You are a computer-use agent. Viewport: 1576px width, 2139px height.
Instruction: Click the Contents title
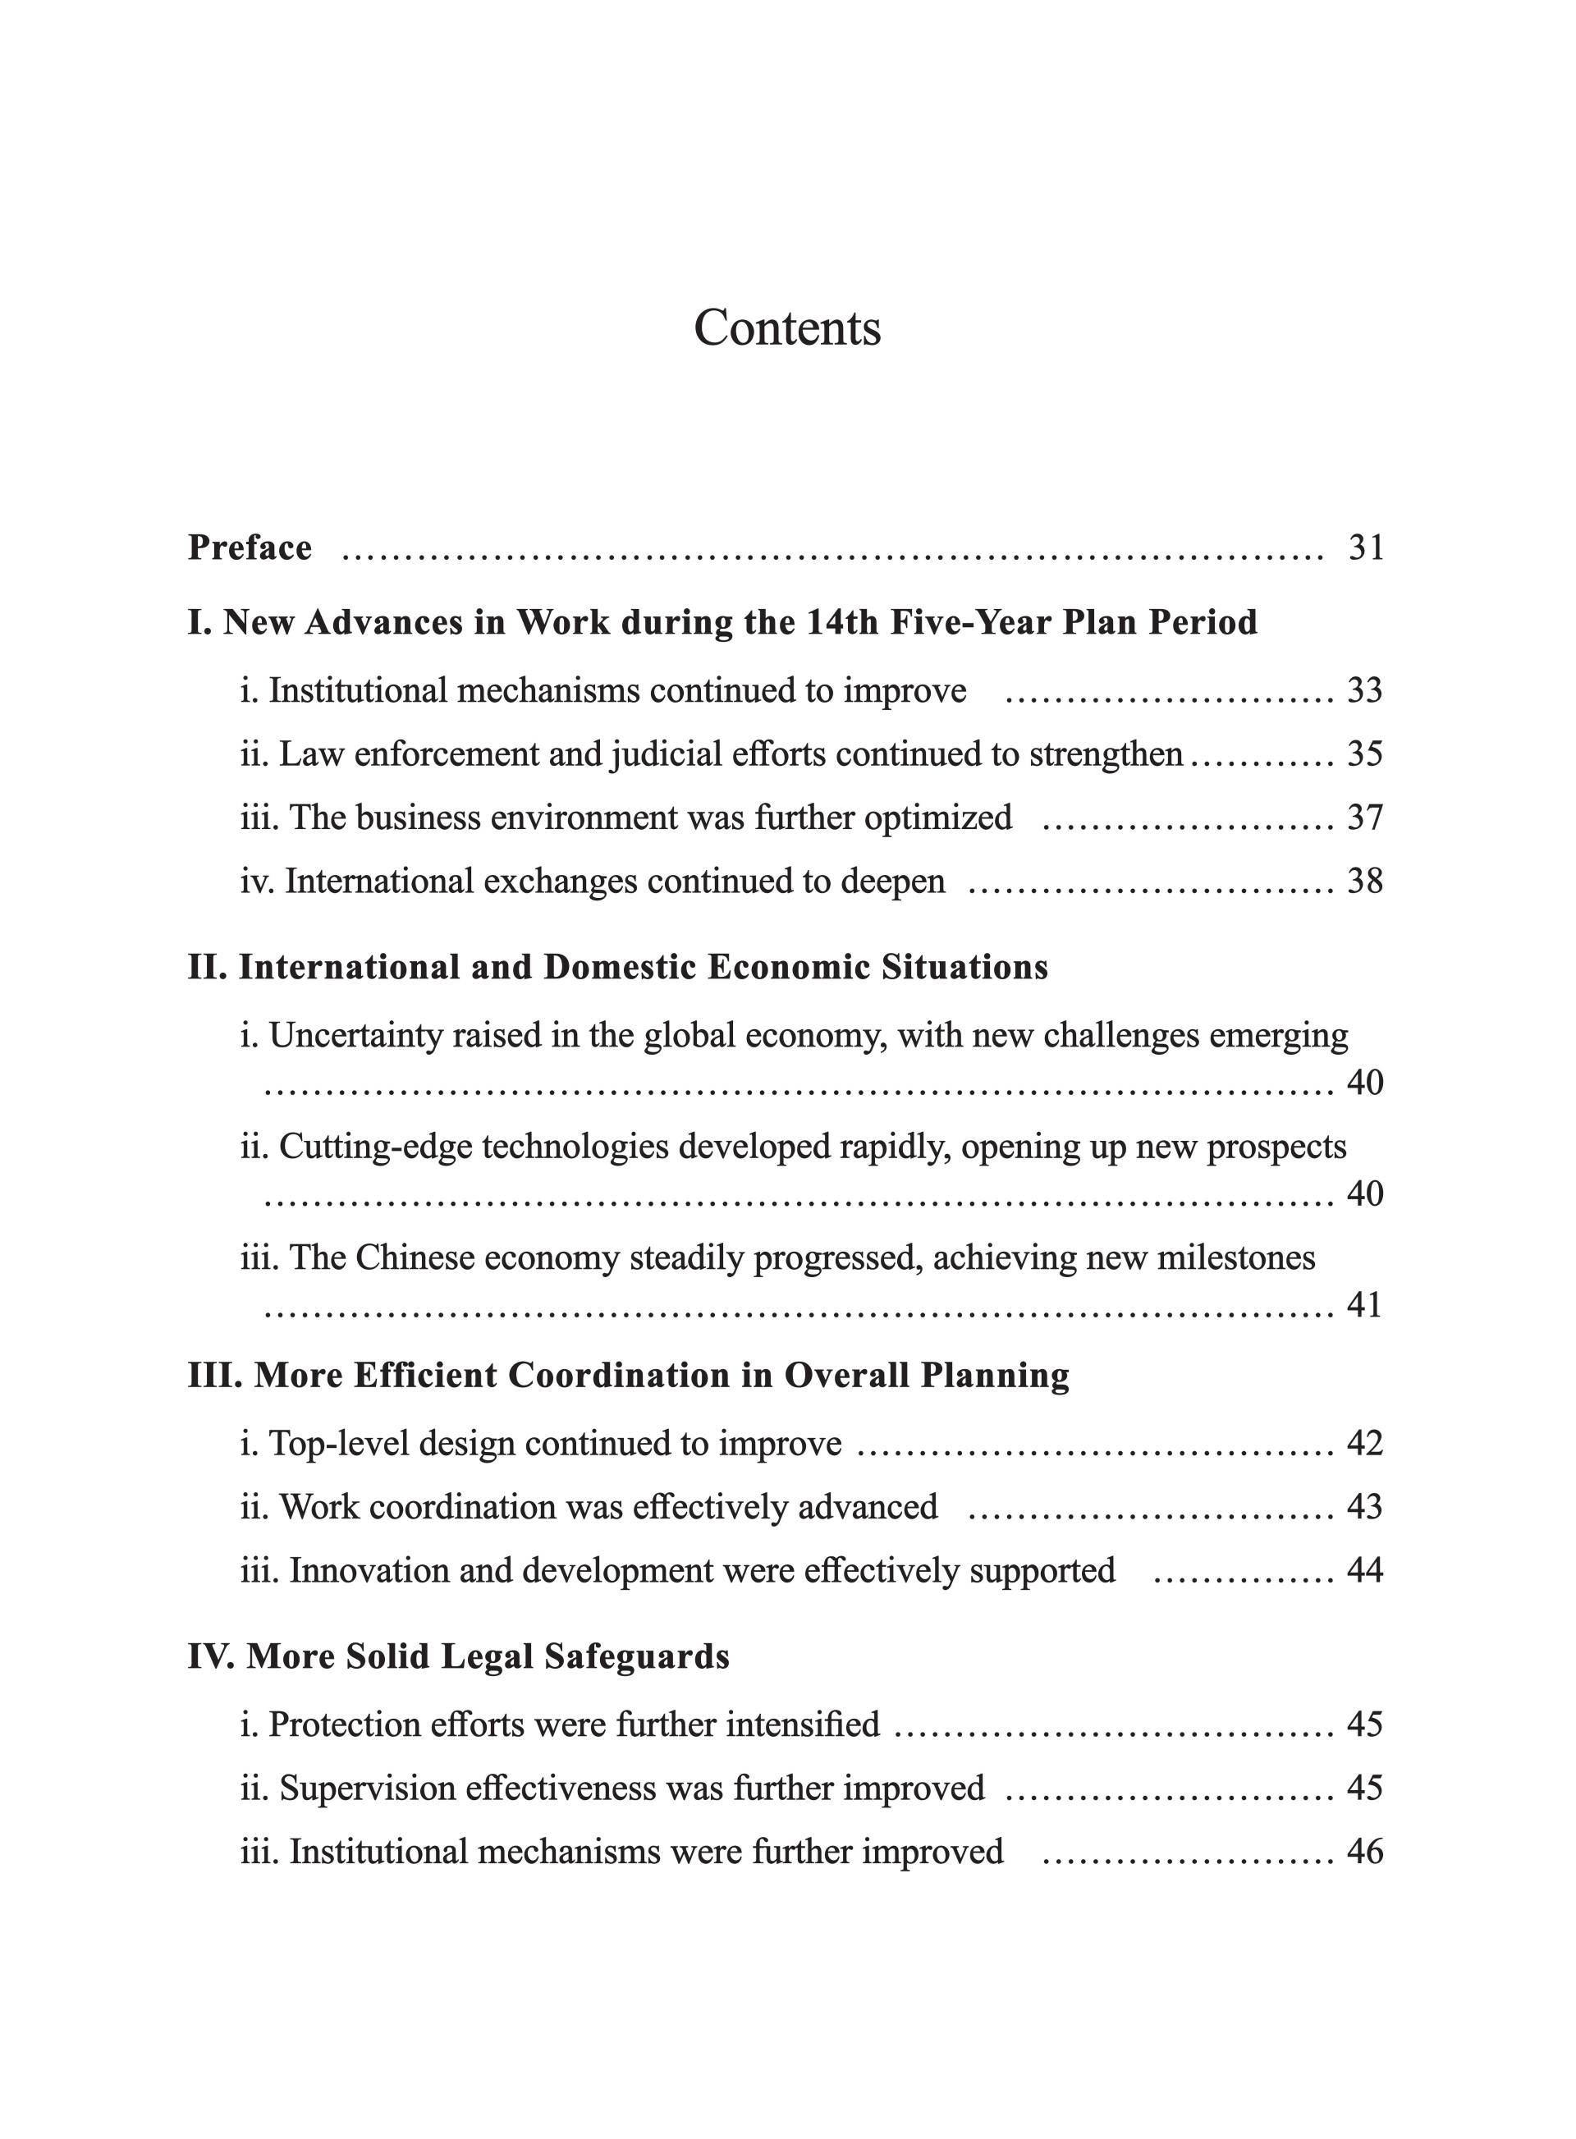coord(787,328)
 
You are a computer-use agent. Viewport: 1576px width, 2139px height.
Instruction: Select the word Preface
coord(250,547)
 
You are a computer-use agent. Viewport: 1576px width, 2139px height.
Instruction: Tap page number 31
coord(1365,547)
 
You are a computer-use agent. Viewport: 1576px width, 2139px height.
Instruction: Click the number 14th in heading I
coord(842,623)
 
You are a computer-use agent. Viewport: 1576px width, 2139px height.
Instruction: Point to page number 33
coord(1364,691)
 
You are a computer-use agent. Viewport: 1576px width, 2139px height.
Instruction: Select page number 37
coord(1364,818)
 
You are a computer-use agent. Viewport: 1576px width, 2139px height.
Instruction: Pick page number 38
coord(1364,881)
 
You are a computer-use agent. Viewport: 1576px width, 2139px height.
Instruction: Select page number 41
coord(1364,1304)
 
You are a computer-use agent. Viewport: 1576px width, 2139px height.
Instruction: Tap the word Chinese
coord(415,1257)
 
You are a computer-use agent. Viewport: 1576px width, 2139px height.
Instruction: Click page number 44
coord(1364,1569)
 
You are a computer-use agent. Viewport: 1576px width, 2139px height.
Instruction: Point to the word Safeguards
coord(636,1656)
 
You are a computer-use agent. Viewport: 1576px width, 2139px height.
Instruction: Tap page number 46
coord(1364,1851)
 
